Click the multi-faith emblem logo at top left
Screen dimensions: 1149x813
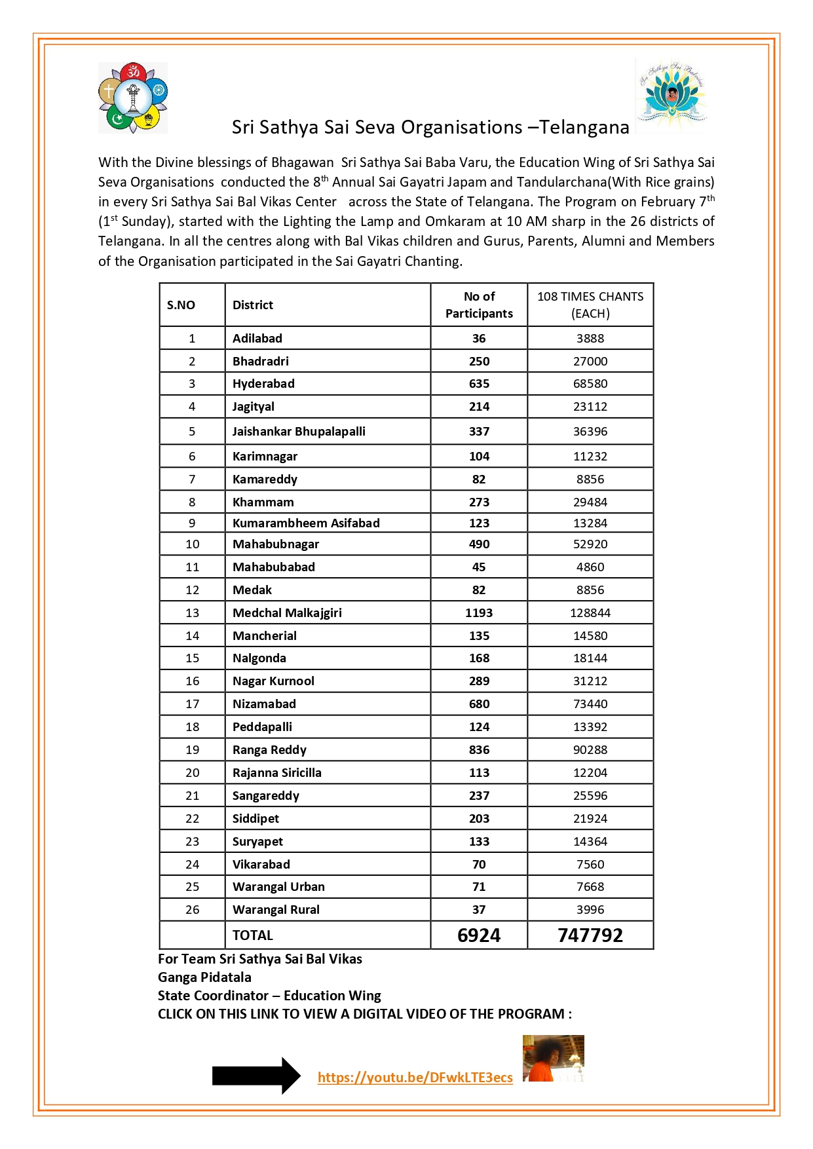pos(133,98)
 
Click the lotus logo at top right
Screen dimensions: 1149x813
pos(671,96)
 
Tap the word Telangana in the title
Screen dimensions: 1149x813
pos(584,127)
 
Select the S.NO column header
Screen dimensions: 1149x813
pos(181,305)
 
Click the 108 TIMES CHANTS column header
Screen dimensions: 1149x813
pos(590,305)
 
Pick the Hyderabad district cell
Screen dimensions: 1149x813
pos(263,384)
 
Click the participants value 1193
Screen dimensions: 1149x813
pos(479,613)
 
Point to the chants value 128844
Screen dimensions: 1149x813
pos(590,613)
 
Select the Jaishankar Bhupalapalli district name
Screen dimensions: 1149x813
pos(299,432)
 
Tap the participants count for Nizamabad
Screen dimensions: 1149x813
pos(479,704)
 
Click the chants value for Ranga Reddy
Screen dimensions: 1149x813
pos(590,750)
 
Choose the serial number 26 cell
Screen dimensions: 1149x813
pos(192,910)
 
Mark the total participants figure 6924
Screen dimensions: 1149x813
pos(479,935)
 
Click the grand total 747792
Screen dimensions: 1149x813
pos(590,935)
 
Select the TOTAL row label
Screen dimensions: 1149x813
pos(253,935)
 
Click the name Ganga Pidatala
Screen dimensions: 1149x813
pos(204,977)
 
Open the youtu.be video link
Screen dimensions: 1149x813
pos(415,1078)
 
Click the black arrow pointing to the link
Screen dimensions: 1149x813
pos(256,1076)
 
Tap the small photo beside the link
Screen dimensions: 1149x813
pos(553,1058)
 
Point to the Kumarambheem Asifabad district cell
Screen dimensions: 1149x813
pos(306,523)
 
